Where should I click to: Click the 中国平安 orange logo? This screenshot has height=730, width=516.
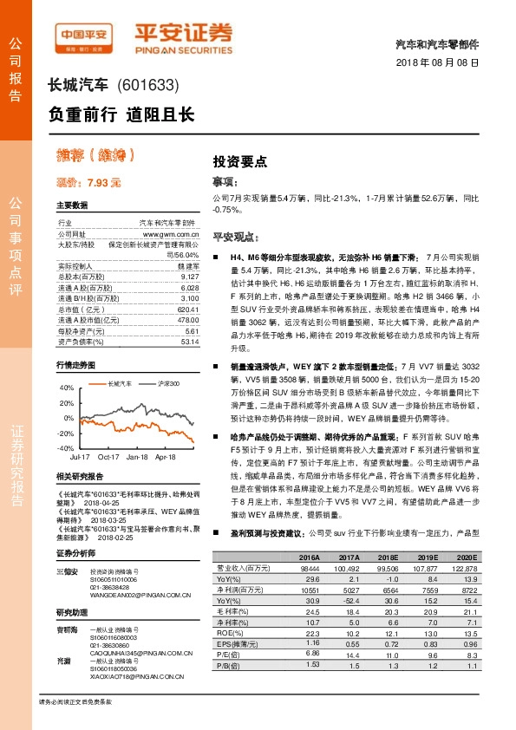tap(84, 37)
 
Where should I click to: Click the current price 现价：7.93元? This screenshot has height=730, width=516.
tap(88, 183)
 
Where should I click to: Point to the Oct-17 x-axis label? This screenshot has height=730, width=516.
tap(108, 455)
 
